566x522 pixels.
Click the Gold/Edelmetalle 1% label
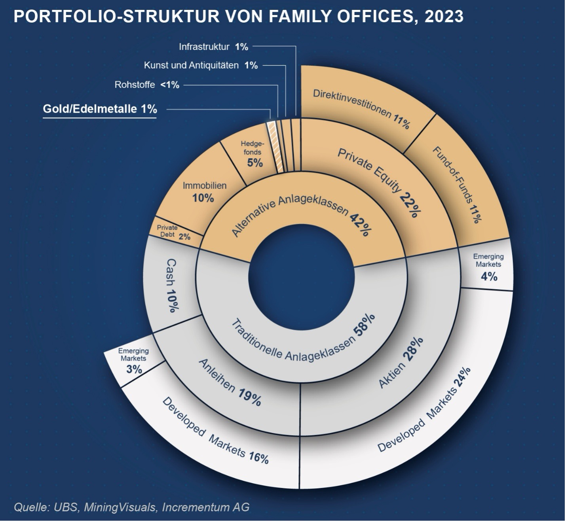click(x=100, y=109)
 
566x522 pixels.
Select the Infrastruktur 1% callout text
click(x=213, y=47)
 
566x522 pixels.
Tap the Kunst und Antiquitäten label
click(x=201, y=65)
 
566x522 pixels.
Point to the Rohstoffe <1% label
click(x=147, y=85)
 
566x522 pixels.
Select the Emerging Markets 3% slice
click(x=134, y=360)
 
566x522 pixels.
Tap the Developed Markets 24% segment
click(x=424, y=411)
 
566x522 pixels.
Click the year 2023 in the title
click(x=444, y=17)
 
